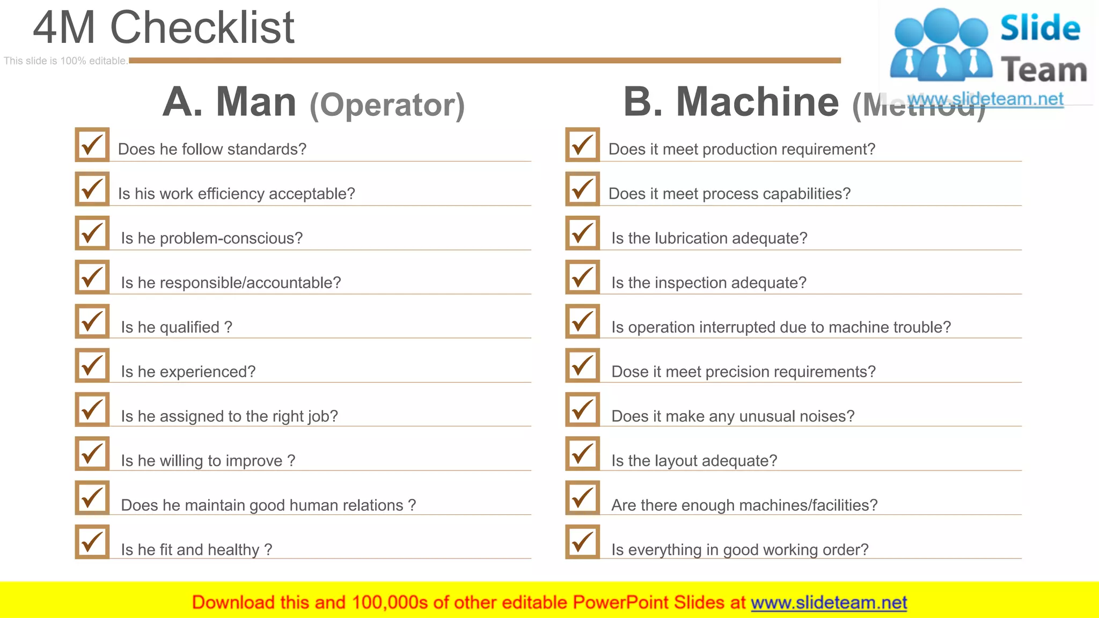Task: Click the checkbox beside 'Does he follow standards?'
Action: [92, 145]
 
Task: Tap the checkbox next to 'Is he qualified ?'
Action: [92, 322]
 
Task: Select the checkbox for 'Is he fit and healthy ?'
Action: [92, 542]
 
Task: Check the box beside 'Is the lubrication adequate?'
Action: [583, 233]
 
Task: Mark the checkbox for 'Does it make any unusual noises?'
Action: [583, 410]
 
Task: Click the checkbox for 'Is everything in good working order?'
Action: [583, 542]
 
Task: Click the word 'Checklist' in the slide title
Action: [202, 28]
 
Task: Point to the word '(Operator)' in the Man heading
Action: [387, 105]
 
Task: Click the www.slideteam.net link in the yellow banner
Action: [829, 602]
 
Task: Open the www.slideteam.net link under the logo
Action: [985, 99]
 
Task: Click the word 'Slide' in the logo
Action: [1040, 28]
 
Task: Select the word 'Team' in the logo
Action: [1044, 70]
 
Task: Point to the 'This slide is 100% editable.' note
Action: [65, 61]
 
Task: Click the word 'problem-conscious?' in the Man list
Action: [231, 238]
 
